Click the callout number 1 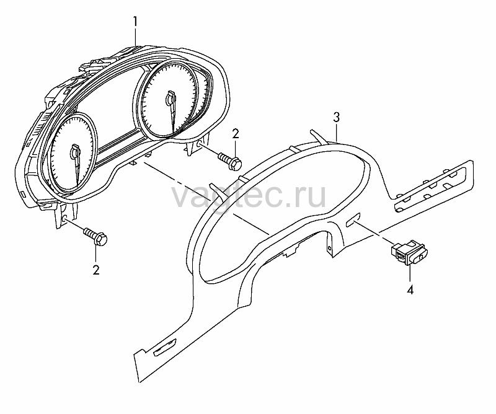coord(135,22)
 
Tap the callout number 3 coord(337,117)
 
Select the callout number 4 coord(410,289)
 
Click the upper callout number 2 coord(236,134)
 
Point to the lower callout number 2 coord(96,270)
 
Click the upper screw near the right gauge coord(230,161)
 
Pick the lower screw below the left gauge coord(95,237)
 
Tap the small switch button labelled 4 coord(409,252)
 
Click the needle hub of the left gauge coord(75,152)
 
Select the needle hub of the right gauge coord(170,99)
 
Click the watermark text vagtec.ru coord(249,196)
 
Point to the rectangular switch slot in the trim coord(353,220)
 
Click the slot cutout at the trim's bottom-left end coord(165,346)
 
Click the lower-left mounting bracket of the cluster coord(66,215)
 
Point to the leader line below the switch coord(410,273)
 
